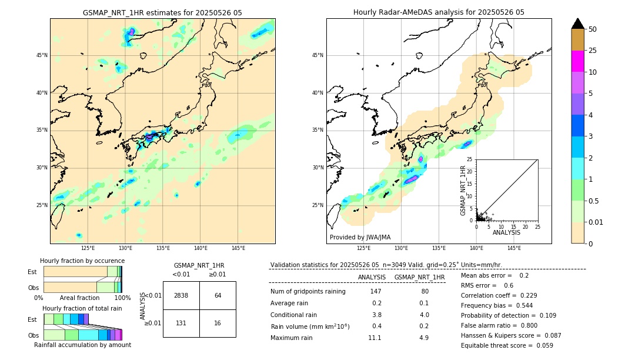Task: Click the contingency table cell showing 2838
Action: pyautogui.click(x=181, y=295)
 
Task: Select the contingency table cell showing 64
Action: pyautogui.click(x=218, y=295)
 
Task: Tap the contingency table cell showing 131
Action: pyautogui.click(x=181, y=323)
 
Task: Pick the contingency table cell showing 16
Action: pyautogui.click(x=218, y=323)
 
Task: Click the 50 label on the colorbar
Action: pyautogui.click(x=593, y=29)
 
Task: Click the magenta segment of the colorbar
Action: pyautogui.click(x=577, y=61)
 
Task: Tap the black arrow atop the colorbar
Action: pyautogui.click(x=577, y=24)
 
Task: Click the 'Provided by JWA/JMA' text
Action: pyautogui.click(x=360, y=238)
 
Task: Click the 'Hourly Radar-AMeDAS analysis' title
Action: pyautogui.click(x=439, y=12)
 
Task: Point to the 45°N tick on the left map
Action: pyautogui.click(x=42, y=55)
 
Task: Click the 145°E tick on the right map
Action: pyautogui.click(x=514, y=248)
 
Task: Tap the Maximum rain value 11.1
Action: pyautogui.click(x=375, y=338)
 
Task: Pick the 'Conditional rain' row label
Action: pyautogui.click(x=295, y=315)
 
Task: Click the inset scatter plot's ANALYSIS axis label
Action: pyautogui.click(x=506, y=232)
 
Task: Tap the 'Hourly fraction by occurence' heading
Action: pyautogui.click(x=82, y=261)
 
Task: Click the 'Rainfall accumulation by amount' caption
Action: pyautogui.click(x=82, y=345)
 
